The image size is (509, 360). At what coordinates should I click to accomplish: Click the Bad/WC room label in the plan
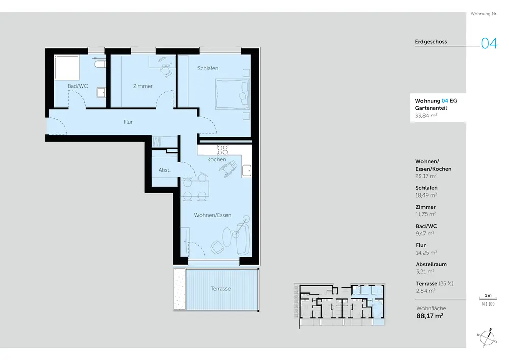[x=77, y=86]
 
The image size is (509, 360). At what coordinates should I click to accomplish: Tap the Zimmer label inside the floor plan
[x=143, y=86]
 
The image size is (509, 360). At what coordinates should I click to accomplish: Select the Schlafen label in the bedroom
[x=208, y=69]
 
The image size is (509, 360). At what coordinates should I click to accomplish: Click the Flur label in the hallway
[x=128, y=122]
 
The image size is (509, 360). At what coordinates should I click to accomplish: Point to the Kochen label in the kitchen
[x=216, y=160]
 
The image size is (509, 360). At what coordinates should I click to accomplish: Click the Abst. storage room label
[x=164, y=170]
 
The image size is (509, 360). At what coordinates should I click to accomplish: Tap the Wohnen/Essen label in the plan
[x=213, y=215]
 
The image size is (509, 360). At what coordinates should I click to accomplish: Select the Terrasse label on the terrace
[x=220, y=289]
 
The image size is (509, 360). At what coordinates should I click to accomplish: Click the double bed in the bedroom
[x=233, y=95]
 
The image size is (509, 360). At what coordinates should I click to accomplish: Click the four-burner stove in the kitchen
[x=222, y=150]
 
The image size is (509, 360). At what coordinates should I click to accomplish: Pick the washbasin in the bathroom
[x=101, y=93]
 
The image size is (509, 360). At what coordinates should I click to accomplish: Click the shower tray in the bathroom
[x=67, y=68]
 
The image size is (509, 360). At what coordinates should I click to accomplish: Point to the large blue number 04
[x=489, y=43]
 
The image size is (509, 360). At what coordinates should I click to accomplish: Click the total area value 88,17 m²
[x=430, y=316]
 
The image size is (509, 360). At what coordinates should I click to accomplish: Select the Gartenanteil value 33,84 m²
[x=426, y=116]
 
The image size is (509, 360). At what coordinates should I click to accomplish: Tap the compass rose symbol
[x=487, y=338]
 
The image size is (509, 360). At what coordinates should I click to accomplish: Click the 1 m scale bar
[x=488, y=299]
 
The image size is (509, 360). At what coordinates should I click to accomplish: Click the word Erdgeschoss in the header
[x=431, y=42]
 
